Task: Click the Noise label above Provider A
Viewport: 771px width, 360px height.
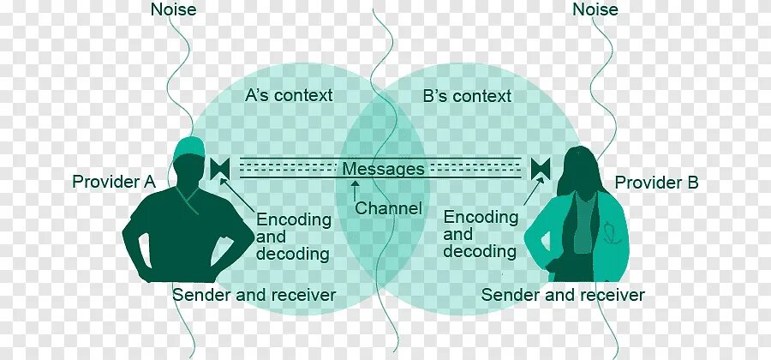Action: (x=173, y=10)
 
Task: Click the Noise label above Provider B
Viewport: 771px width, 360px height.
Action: (x=595, y=10)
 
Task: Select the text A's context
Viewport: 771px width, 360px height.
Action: (x=289, y=95)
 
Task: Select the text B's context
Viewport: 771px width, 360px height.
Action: (x=467, y=96)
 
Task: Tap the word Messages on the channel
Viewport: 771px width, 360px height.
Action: (x=383, y=169)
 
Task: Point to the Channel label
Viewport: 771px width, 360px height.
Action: (x=388, y=208)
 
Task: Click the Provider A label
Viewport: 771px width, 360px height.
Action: (x=113, y=182)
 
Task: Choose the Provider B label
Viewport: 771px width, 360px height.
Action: (x=656, y=183)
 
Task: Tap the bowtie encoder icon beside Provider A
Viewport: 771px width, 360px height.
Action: (x=218, y=168)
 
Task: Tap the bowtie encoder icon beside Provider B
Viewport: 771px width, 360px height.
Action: (x=540, y=168)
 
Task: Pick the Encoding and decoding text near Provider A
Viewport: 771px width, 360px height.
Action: (x=293, y=237)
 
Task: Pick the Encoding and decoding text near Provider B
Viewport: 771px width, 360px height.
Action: (x=481, y=234)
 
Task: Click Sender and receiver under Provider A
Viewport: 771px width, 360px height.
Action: (x=254, y=296)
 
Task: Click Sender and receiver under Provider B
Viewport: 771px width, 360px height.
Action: (x=562, y=296)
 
